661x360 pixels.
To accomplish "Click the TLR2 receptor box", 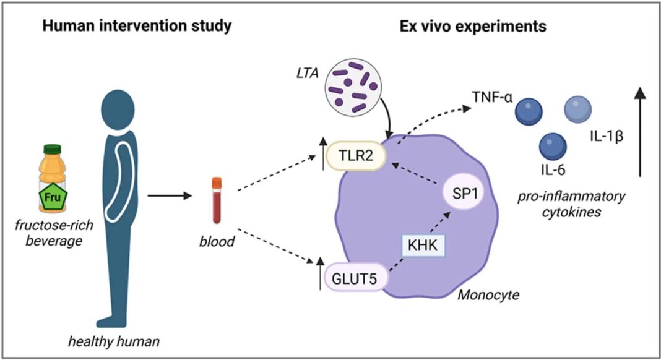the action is [x=356, y=156].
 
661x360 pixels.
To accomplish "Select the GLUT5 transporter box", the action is [x=355, y=278].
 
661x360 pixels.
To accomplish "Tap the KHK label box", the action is [x=423, y=245].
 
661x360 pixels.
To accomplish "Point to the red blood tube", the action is [x=217, y=200].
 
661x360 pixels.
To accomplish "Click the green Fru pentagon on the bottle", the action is [x=53, y=197].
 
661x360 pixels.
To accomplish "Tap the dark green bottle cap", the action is [x=52, y=149].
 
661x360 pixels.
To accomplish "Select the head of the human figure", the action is [x=118, y=109].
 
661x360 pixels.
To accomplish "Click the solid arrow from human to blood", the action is [x=170, y=195].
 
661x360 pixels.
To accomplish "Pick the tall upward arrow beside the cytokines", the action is [x=640, y=132].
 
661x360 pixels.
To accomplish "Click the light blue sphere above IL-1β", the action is [x=577, y=109].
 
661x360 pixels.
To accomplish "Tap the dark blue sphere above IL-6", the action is [x=553, y=146].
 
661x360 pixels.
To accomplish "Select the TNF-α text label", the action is [x=492, y=97].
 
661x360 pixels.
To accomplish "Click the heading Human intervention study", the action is [x=137, y=26].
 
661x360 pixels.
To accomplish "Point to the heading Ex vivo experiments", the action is [x=473, y=26].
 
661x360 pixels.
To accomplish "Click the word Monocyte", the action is [x=488, y=294].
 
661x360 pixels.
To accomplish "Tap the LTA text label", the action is [x=308, y=74].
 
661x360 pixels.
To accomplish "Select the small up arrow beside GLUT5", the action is [x=321, y=273].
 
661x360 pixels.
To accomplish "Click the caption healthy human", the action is [x=114, y=341].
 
